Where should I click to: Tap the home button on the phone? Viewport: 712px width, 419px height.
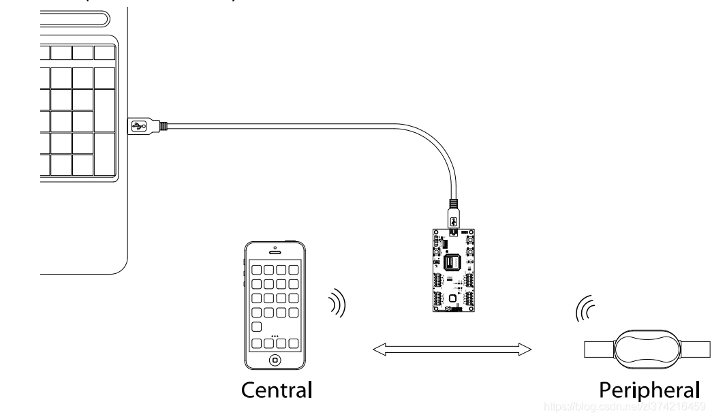click(x=275, y=360)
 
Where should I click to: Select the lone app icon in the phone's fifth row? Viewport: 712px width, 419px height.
click(x=257, y=327)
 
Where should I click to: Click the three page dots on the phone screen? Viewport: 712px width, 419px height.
click(x=275, y=336)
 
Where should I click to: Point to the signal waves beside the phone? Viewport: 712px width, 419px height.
click(x=337, y=304)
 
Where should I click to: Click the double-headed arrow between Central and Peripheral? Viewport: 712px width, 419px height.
click(x=452, y=350)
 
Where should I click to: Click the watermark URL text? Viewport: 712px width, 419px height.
click(x=623, y=407)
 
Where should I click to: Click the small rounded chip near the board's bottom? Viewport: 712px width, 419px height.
click(x=452, y=298)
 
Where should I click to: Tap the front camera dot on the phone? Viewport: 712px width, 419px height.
click(x=274, y=247)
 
